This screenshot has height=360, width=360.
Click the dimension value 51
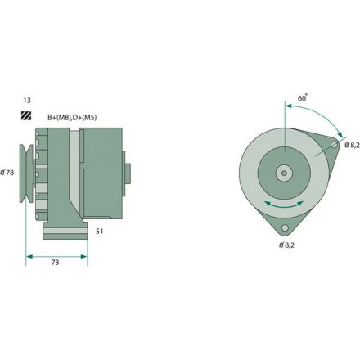click(x=99, y=232)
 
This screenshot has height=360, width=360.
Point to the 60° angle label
click(x=304, y=97)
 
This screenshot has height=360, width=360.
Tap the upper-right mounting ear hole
click(x=334, y=145)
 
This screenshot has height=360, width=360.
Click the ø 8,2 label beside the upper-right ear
click(x=351, y=145)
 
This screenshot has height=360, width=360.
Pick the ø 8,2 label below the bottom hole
click(x=287, y=245)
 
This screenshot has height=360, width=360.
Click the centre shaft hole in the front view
click(x=284, y=173)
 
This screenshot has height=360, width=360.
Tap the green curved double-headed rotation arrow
click(x=285, y=203)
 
